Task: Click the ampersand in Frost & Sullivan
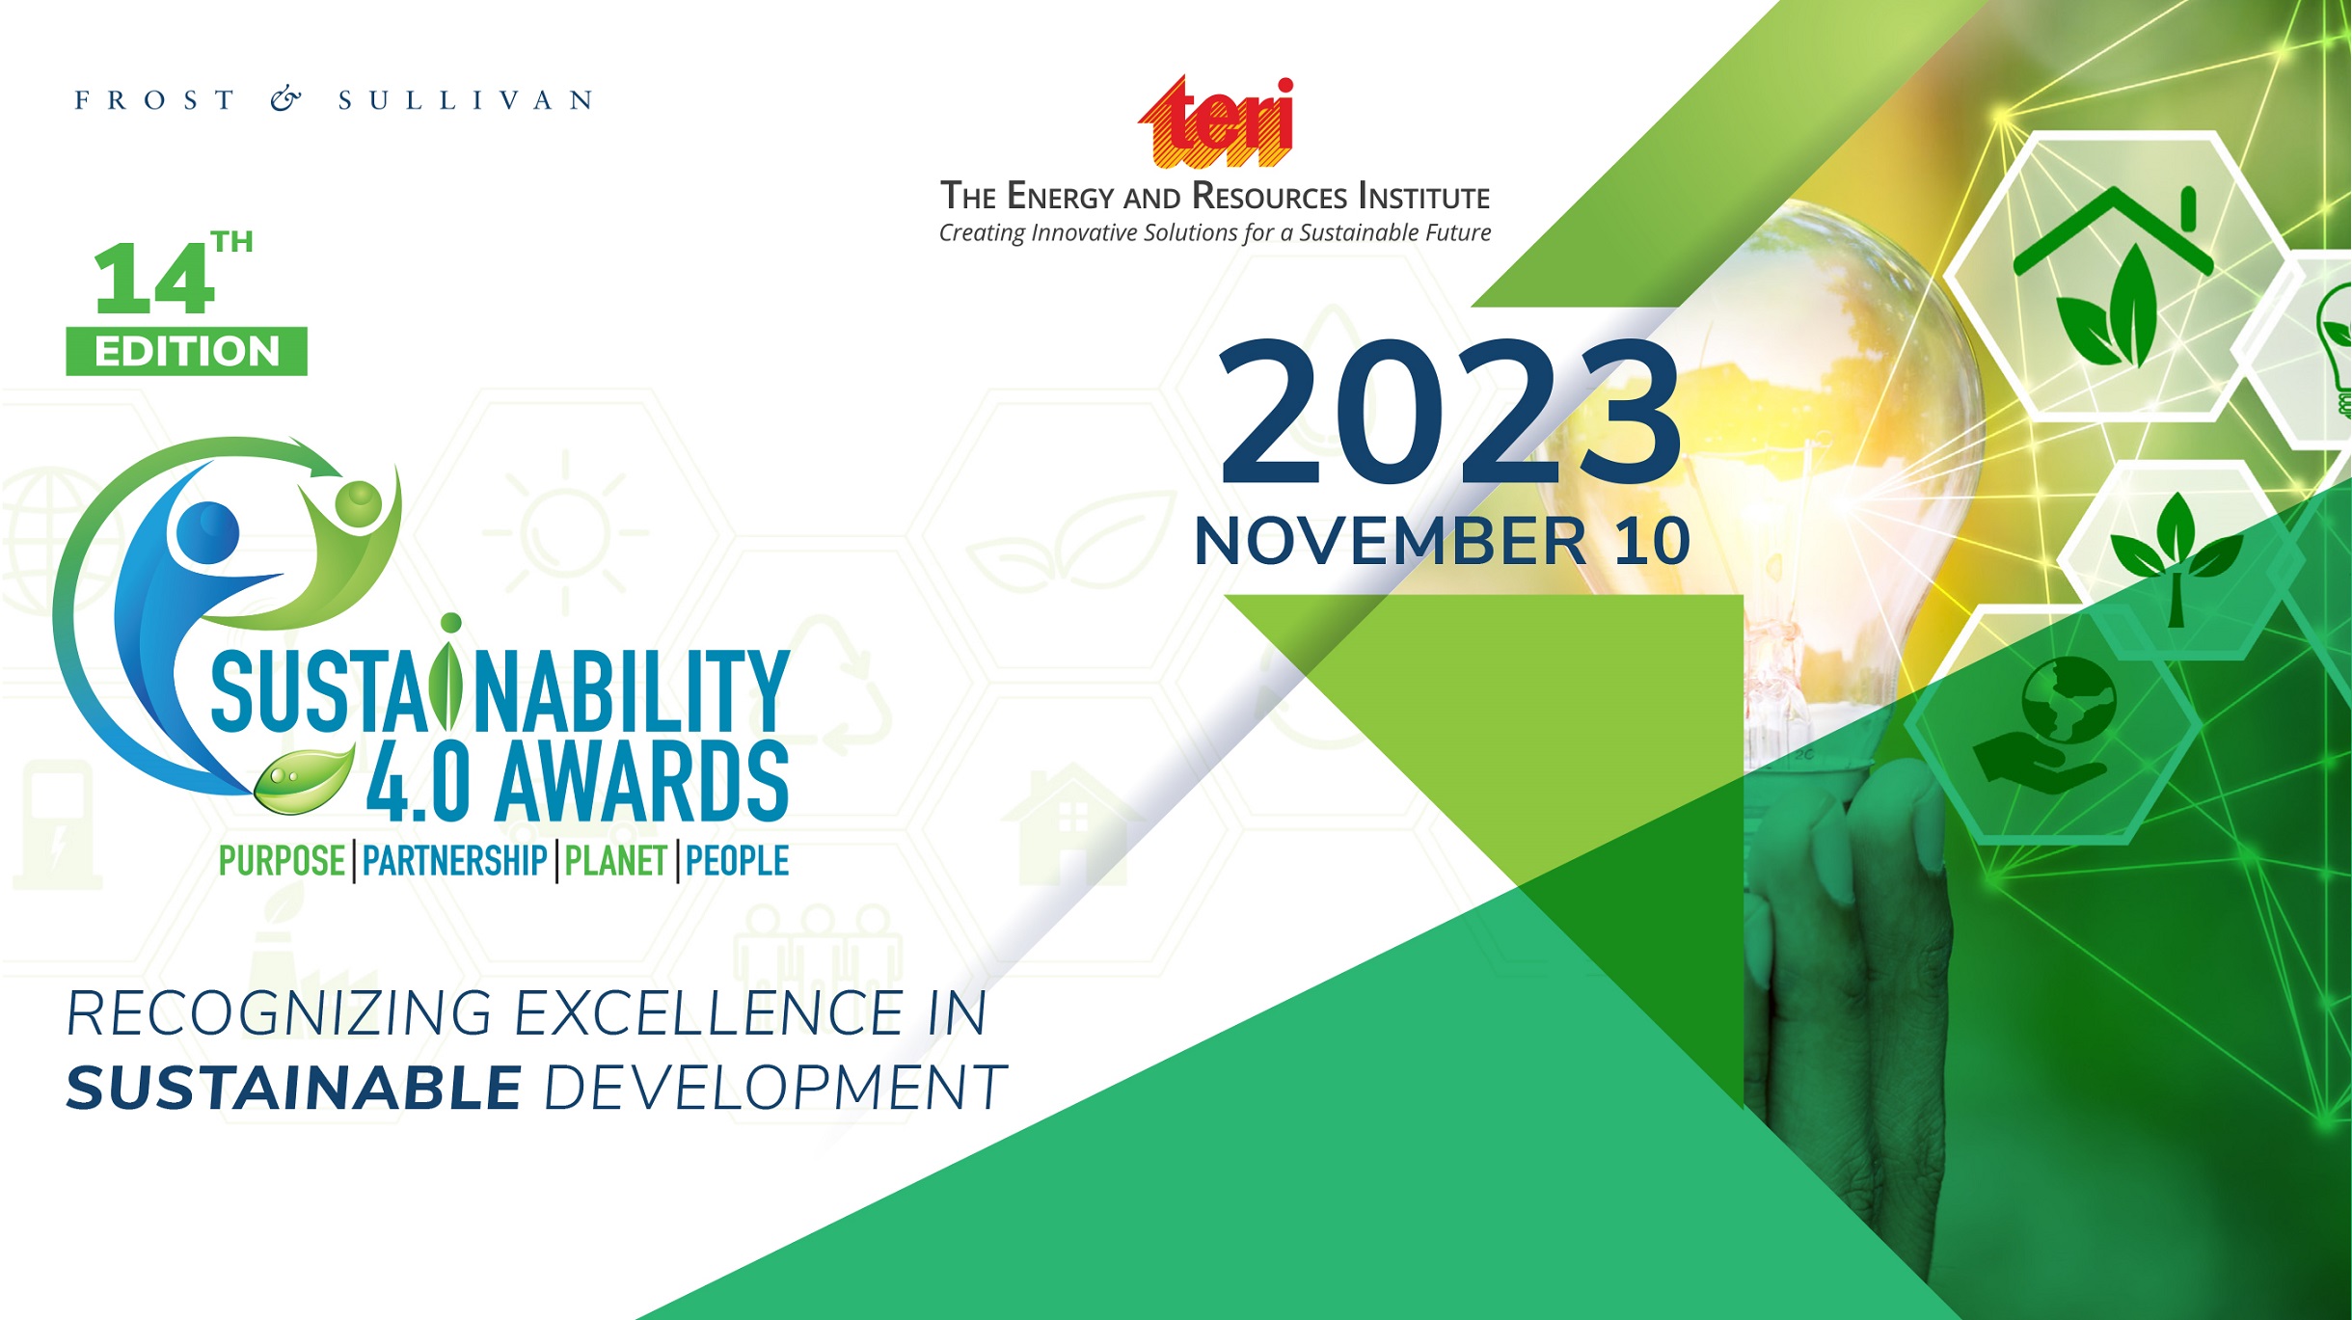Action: click(285, 99)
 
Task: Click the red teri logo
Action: click(1216, 121)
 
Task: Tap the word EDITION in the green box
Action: click(187, 351)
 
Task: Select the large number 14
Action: click(153, 279)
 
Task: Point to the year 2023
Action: click(1450, 412)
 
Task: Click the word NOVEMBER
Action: click(1390, 541)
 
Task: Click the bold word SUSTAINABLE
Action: click(294, 1089)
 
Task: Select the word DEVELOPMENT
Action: click(775, 1089)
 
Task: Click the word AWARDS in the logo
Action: click(642, 782)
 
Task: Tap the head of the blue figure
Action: click(207, 532)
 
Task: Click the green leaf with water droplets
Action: click(303, 780)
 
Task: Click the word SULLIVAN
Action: click(466, 100)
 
